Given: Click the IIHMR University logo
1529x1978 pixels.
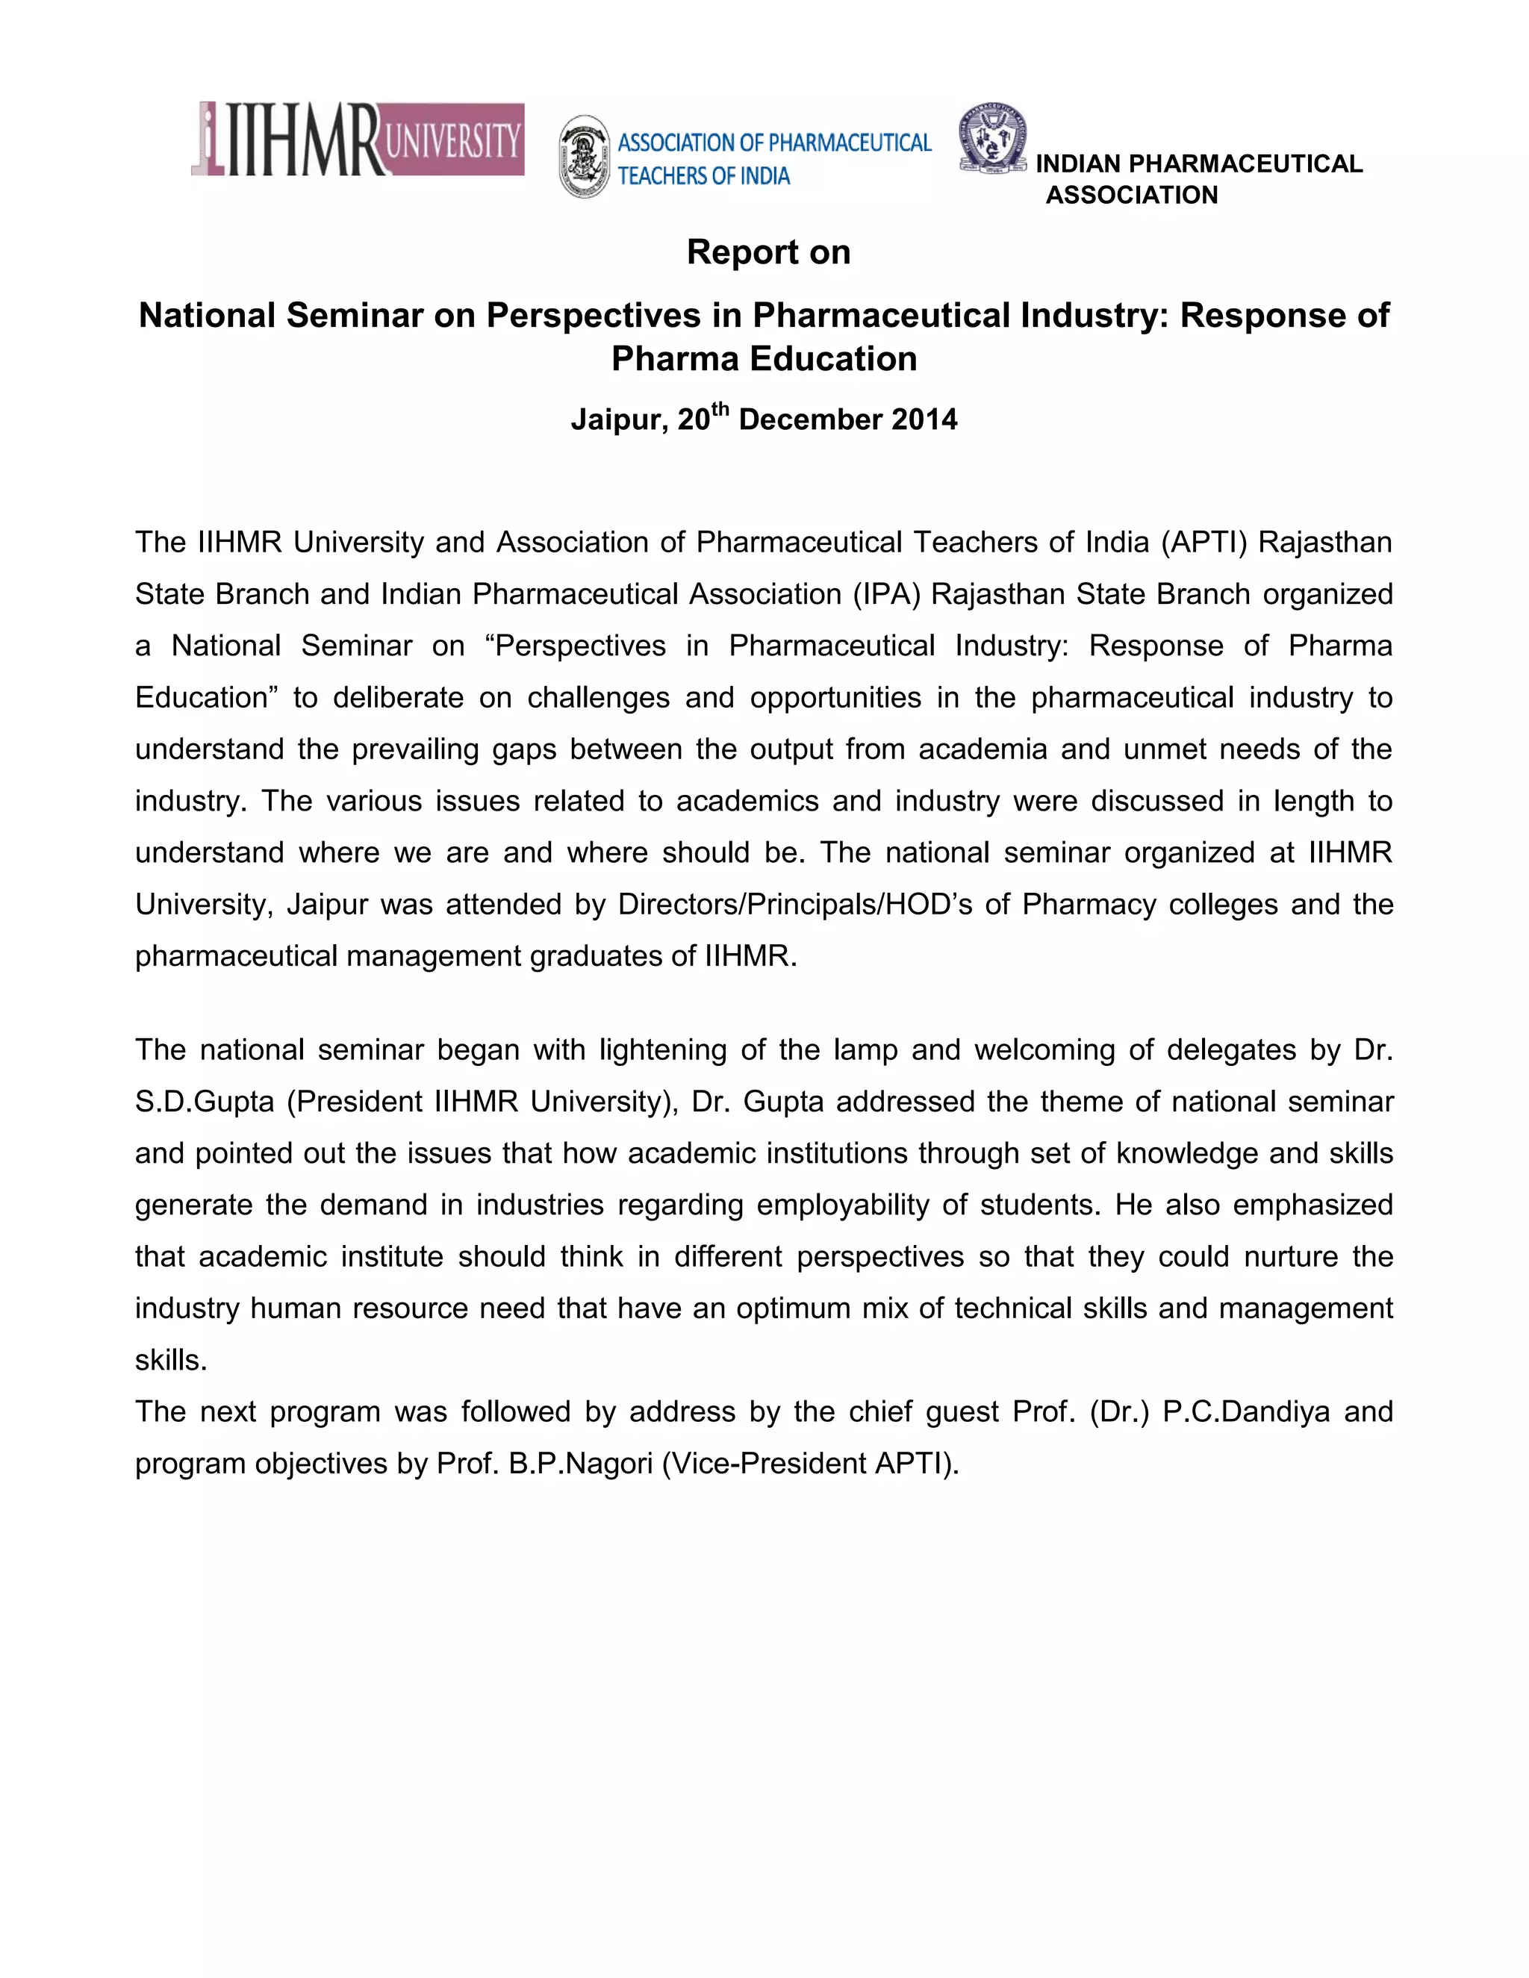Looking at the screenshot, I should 358,140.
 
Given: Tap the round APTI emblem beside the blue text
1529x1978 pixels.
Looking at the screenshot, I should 585,157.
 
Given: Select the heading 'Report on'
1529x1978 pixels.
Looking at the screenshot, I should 768,252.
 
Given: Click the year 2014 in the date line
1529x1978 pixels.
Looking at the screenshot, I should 924,419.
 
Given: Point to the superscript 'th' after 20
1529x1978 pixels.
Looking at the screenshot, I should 720,408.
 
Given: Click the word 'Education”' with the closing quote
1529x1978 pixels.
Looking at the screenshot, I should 208,697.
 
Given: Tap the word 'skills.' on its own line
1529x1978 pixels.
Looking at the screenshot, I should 171,1360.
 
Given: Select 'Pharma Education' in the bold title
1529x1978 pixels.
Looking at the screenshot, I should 764,358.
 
